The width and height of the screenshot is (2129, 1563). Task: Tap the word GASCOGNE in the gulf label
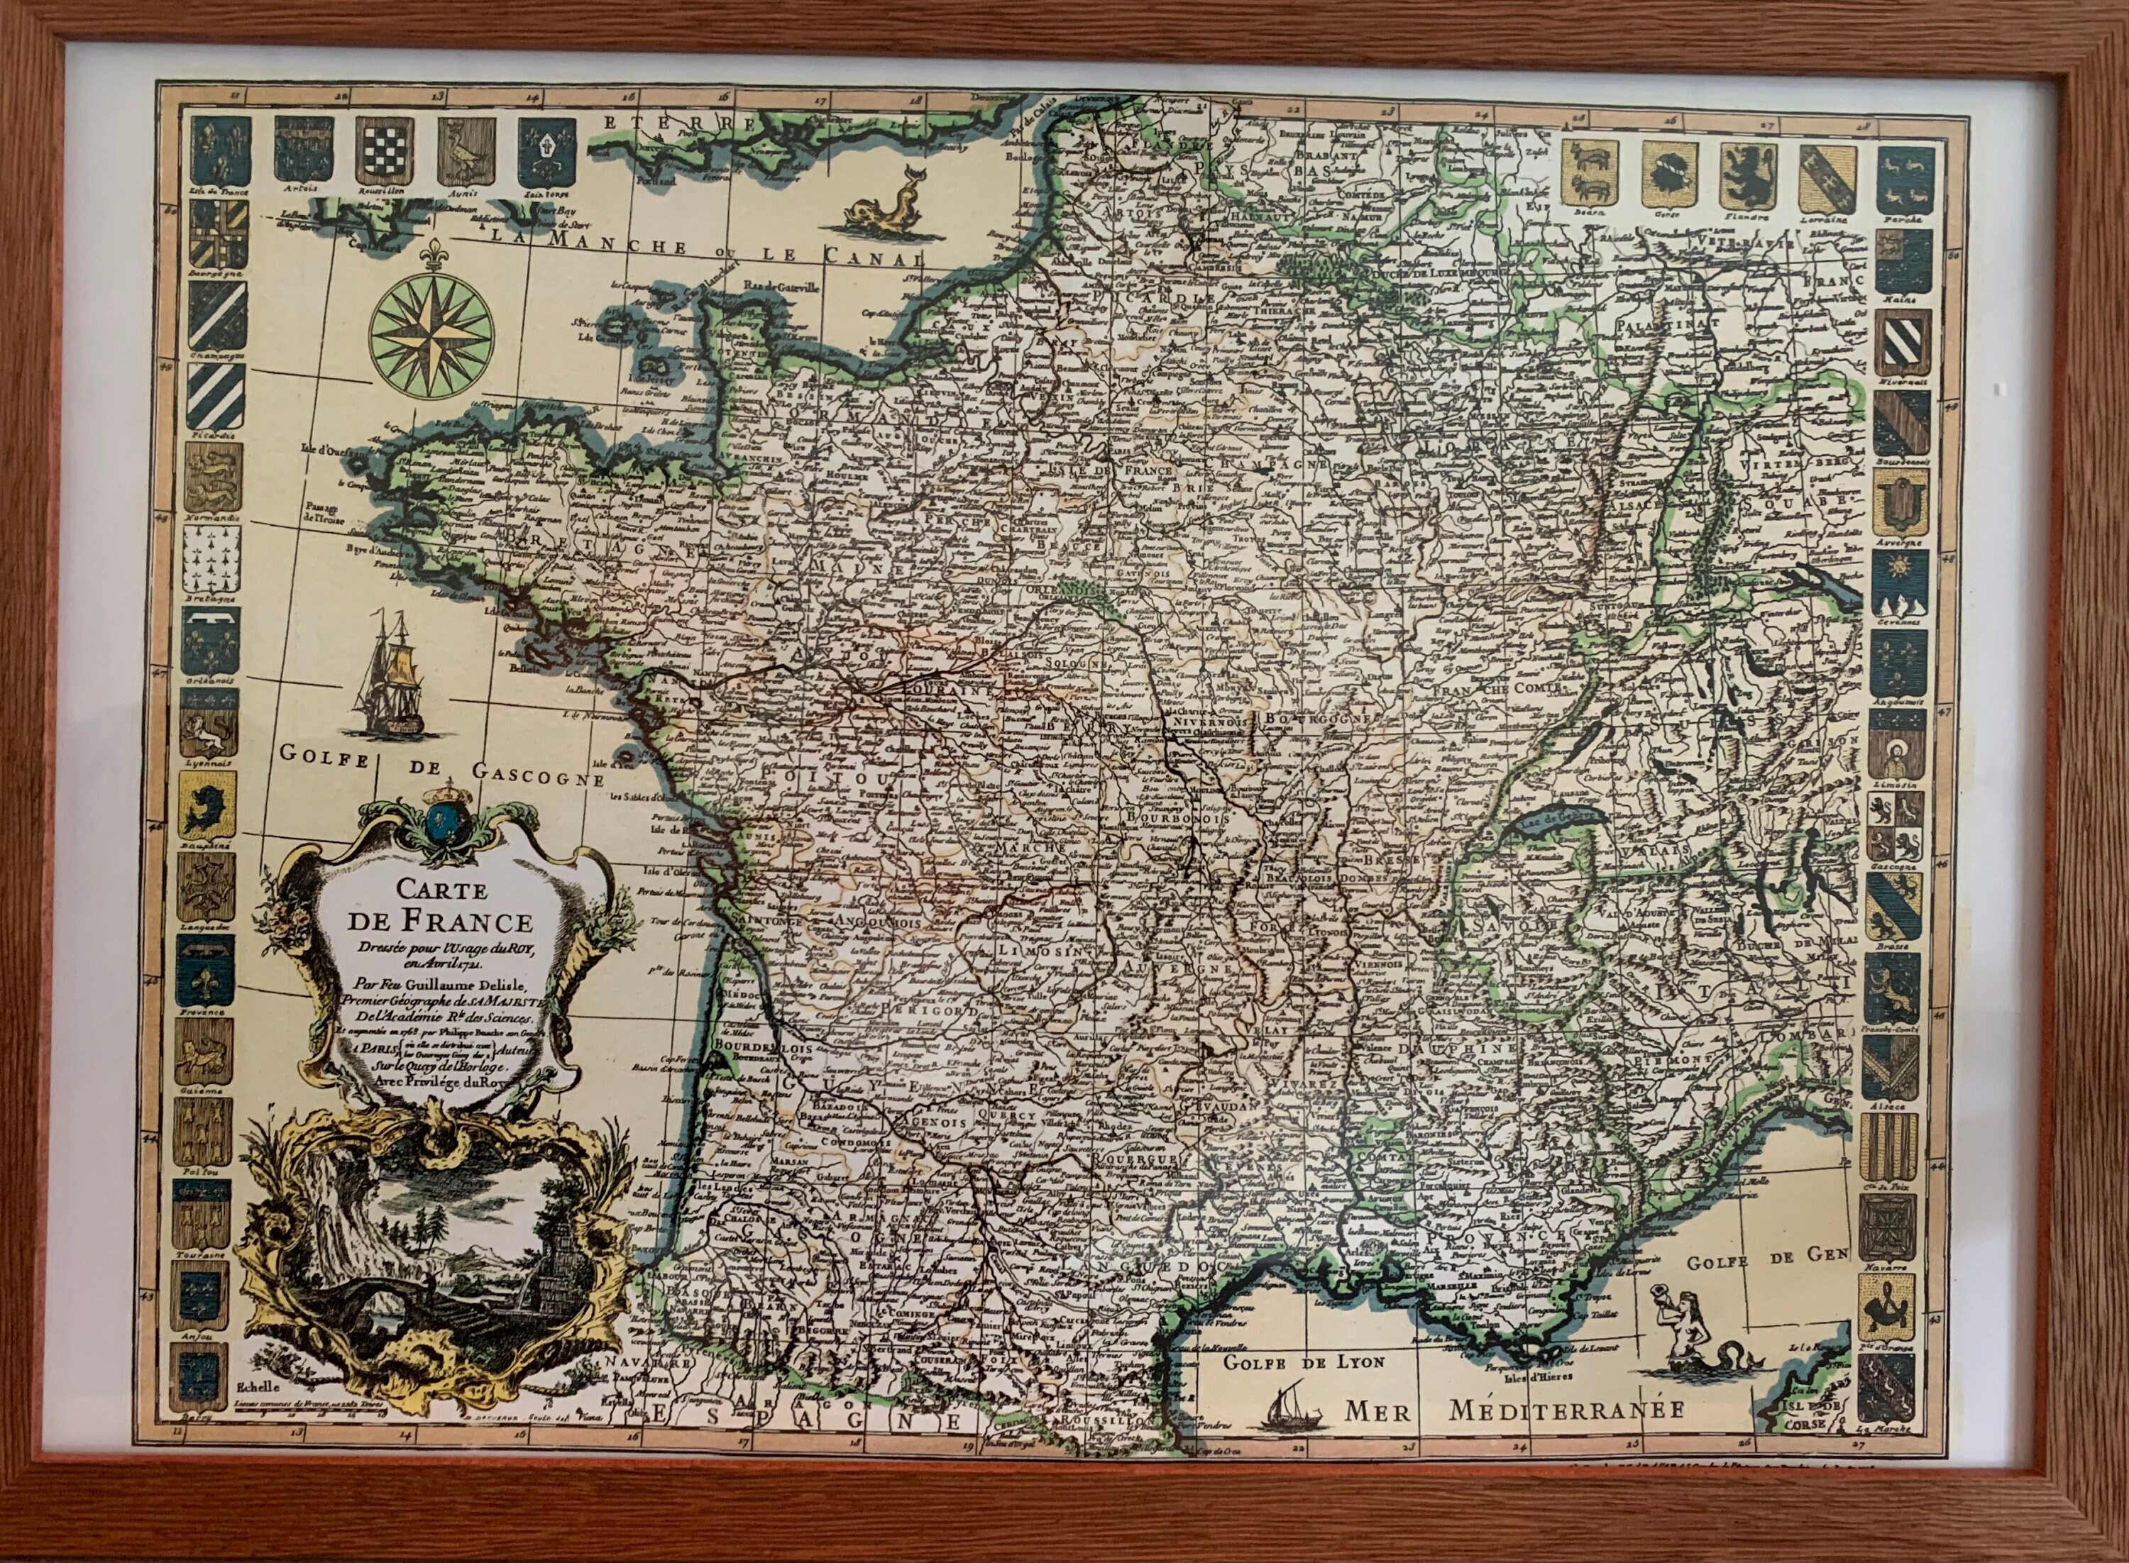click(x=534, y=778)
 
